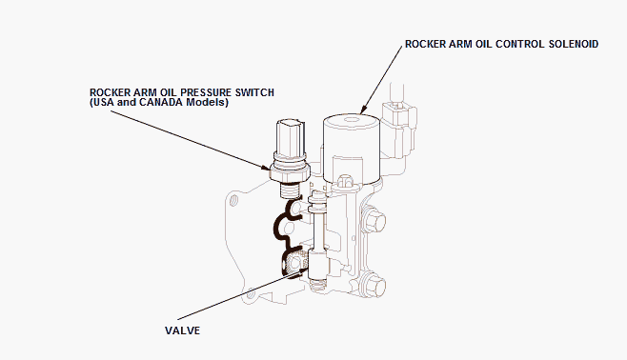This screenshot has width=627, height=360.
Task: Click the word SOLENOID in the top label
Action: [x=574, y=44]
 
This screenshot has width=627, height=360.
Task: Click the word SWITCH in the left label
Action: [x=254, y=92]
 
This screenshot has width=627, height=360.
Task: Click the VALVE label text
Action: [x=182, y=330]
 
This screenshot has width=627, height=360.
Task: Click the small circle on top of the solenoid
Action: [x=351, y=119]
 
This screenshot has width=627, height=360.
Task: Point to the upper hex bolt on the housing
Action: [x=374, y=219]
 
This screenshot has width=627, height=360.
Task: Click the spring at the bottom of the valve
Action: [x=317, y=285]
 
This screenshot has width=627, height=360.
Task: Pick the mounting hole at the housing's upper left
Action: [x=233, y=199]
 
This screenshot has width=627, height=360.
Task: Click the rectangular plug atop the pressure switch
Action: [x=291, y=136]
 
